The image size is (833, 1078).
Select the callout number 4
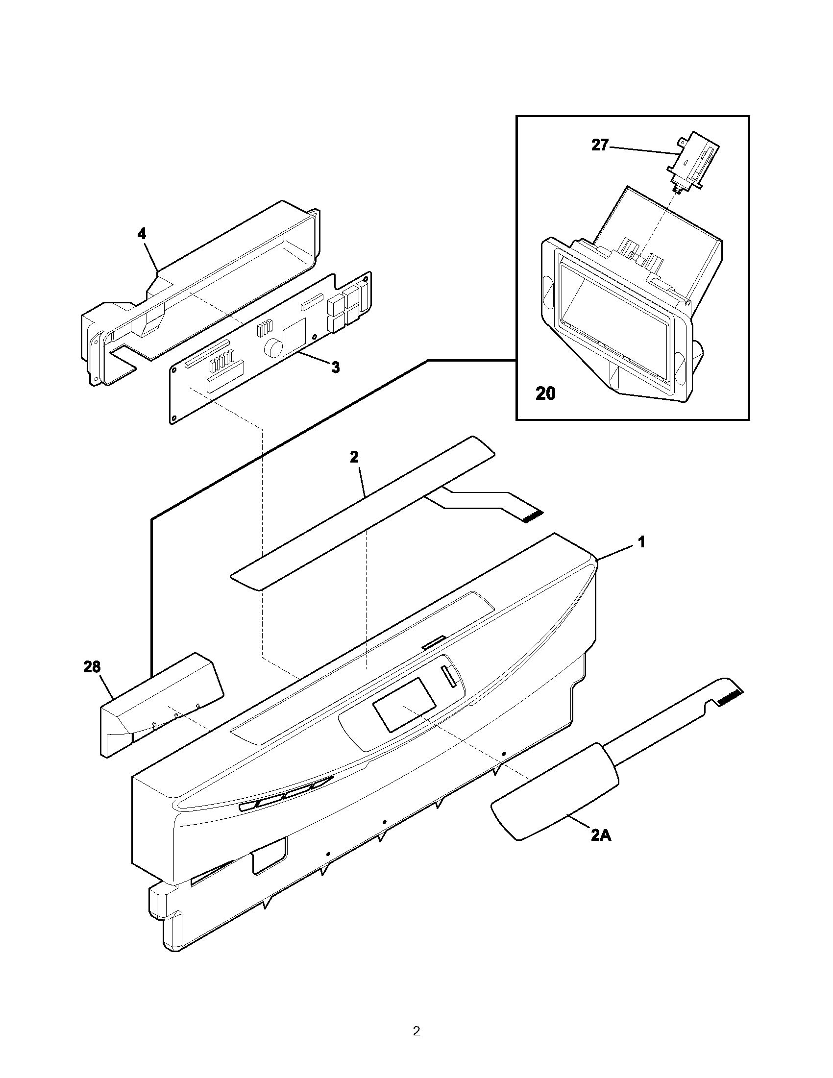(142, 234)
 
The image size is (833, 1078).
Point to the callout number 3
(335, 367)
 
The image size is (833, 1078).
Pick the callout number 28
(92, 667)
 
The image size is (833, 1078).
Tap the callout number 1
(641, 542)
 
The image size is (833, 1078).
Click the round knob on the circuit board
(272, 347)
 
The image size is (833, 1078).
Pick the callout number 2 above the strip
(354, 457)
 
